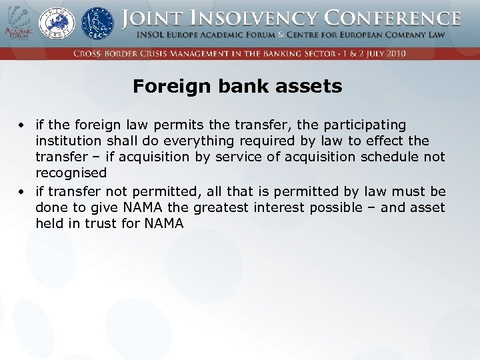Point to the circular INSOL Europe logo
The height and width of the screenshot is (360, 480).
[56, 25]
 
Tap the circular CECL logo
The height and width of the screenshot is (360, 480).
[97, 25]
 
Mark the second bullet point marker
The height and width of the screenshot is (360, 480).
[22, 192]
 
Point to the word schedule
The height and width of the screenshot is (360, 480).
[389, 157]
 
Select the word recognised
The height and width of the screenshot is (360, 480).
[71, 173]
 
